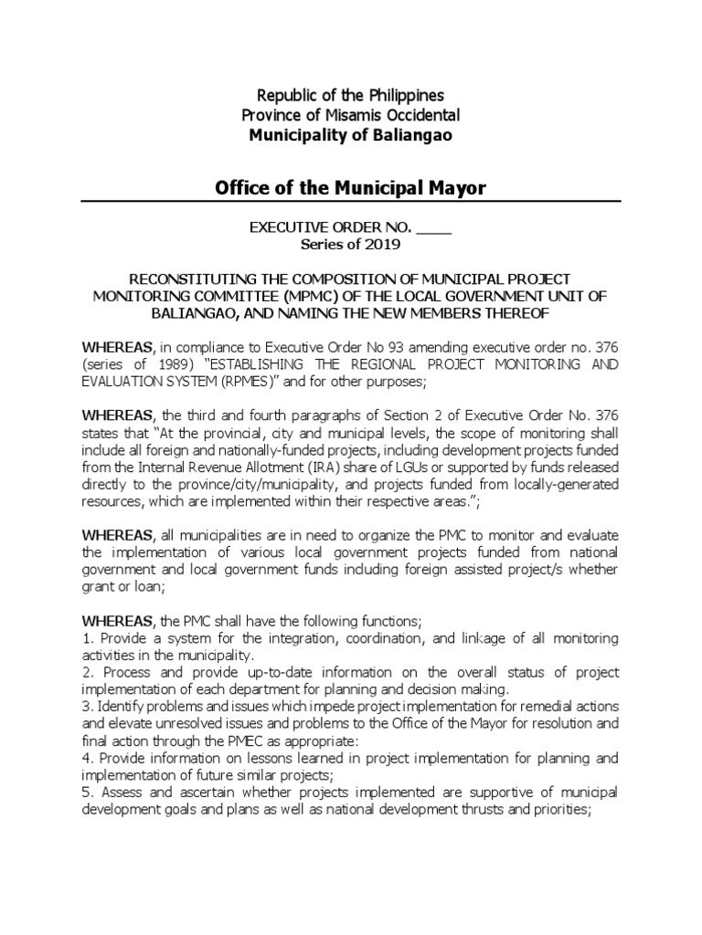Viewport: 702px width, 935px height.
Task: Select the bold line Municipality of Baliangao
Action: pos(350,135)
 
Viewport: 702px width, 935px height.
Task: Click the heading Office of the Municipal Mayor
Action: pos(350,188)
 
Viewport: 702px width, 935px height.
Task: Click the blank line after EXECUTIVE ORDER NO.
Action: pos(435,226)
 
